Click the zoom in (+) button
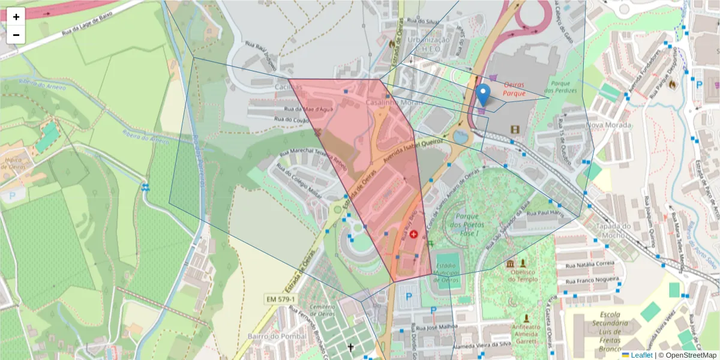(16, 17)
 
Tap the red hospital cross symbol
(413, 233)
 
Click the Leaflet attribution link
(641, 355)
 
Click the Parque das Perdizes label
(564, 86)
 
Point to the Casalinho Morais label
(391, 103)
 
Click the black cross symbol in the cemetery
(350, 347)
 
